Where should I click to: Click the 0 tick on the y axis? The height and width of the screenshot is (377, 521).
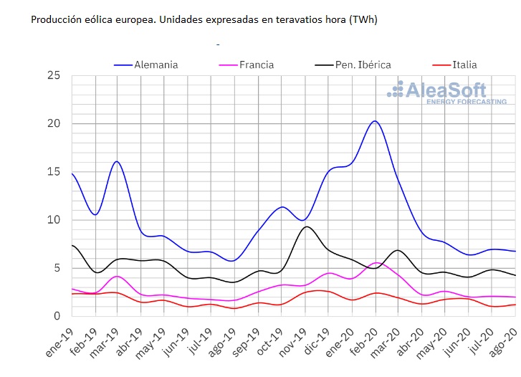(x=56, y=316)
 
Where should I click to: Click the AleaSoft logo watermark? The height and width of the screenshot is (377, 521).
(x=446, y=92)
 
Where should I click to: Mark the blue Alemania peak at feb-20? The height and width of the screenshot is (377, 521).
(x=376, y=121)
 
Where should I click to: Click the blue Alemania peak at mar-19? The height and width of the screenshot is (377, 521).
(x=117, y=161)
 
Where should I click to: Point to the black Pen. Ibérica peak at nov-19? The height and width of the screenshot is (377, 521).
(x=306, y=226)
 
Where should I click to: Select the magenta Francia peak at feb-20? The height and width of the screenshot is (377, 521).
(x=377, y=262)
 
